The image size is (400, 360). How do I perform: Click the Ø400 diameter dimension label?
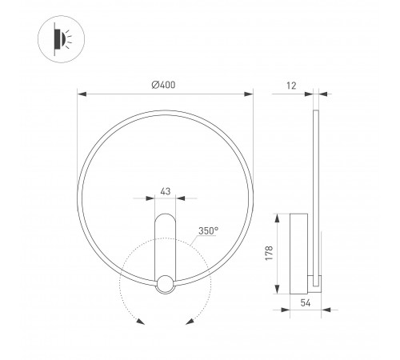(x=163, y=85)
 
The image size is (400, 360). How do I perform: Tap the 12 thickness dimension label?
(x=291, y=86)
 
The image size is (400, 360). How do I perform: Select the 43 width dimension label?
(x=166, y=191)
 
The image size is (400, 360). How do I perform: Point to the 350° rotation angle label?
(x=208, y=230)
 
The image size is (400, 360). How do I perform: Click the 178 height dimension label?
(x=270, y=254)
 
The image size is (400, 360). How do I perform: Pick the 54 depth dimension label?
(x=306, y=303)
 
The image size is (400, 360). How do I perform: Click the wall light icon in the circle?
(x=62, y=39)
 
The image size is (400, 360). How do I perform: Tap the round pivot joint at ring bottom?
(x=166, y=285)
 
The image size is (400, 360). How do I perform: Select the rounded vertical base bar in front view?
(x=166, y=248)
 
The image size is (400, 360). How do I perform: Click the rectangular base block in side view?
(x=299, y=254)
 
